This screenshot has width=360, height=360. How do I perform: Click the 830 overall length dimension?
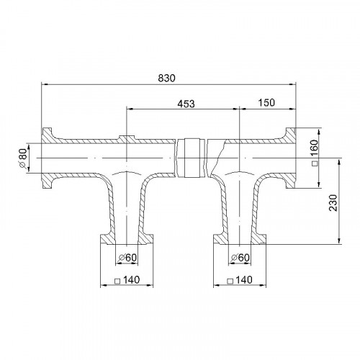166,78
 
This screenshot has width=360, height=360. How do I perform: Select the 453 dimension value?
186,104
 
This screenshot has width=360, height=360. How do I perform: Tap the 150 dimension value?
266,103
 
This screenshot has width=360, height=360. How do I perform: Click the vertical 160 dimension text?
314,148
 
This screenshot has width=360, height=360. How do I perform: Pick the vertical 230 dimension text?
333,203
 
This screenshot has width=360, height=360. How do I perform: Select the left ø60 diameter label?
127,258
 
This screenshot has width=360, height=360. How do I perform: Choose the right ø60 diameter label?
240,258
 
